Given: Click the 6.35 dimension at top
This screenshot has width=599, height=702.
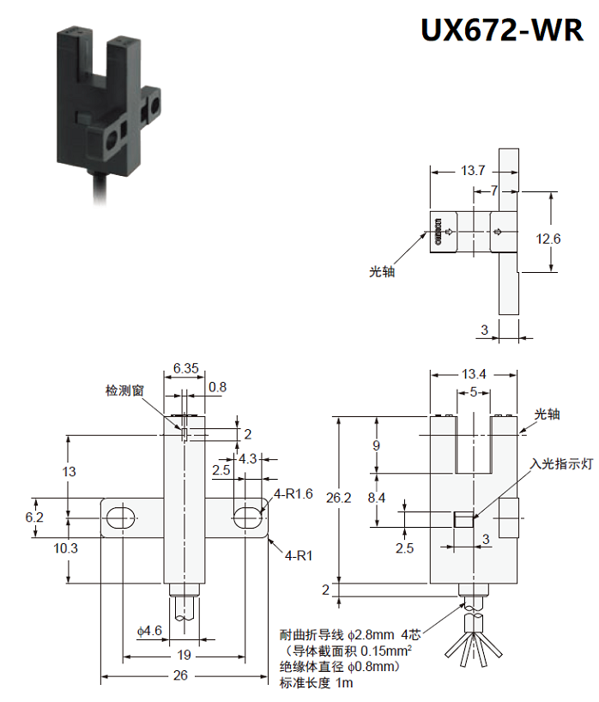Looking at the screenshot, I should pos(185,368).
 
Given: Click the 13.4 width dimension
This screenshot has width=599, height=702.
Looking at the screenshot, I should pos(474,373).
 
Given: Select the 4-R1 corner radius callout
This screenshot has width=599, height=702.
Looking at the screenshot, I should pos(298,555).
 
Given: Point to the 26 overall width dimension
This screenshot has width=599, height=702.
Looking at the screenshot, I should pos(180,675).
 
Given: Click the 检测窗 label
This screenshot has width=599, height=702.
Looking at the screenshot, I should pos(124,390).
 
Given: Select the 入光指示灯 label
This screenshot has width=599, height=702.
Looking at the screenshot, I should pos(562,463).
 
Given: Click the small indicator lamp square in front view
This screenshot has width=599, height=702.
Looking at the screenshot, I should pos(462,519).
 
